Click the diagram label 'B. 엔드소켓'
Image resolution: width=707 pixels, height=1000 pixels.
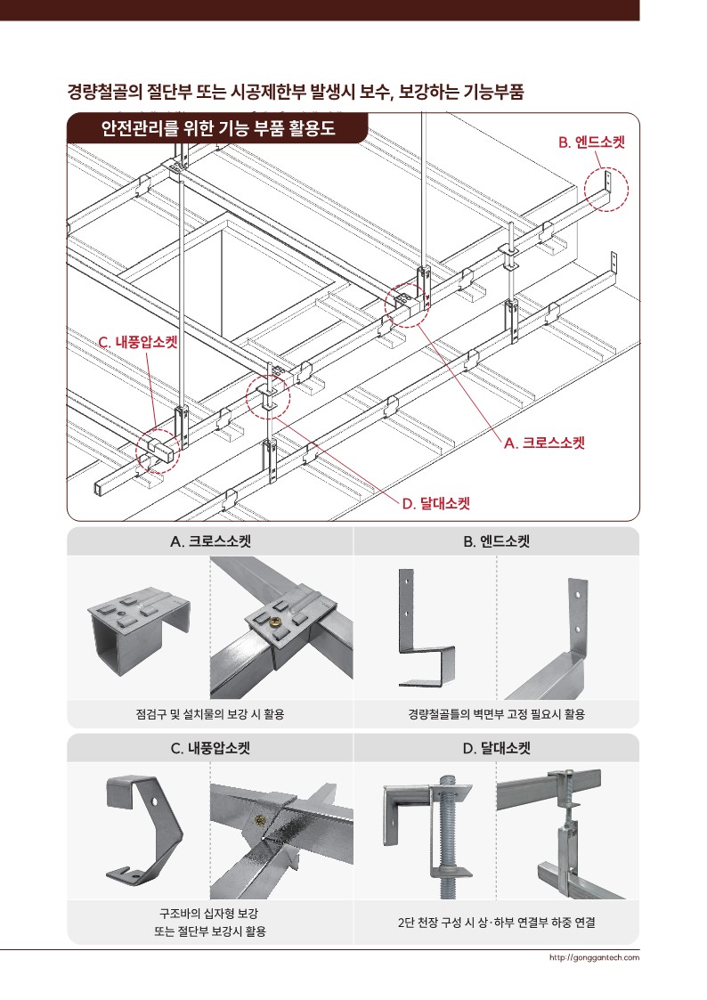coord(591,142)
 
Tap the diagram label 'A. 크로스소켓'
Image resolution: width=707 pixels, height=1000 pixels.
coord(544,442)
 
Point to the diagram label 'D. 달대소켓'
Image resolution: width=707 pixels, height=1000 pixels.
coord(435,504)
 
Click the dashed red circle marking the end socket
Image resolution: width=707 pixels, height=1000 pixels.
coord(606,191)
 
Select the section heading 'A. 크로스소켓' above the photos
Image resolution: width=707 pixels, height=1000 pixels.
coord(210,541)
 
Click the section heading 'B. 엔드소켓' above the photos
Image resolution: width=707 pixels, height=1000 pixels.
coord(496,541)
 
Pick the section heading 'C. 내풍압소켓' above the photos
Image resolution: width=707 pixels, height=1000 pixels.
coord(210,748)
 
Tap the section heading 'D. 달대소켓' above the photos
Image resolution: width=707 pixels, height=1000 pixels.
coord(496,748)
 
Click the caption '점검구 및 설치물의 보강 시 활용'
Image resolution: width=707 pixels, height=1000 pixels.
coord(210,714)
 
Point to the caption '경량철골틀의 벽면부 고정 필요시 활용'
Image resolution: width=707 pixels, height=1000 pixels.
coord(496,714)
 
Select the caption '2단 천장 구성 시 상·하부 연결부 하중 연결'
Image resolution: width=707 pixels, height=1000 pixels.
coord(496,923)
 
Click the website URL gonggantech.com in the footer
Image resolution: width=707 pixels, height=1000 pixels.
coord(594,958)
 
